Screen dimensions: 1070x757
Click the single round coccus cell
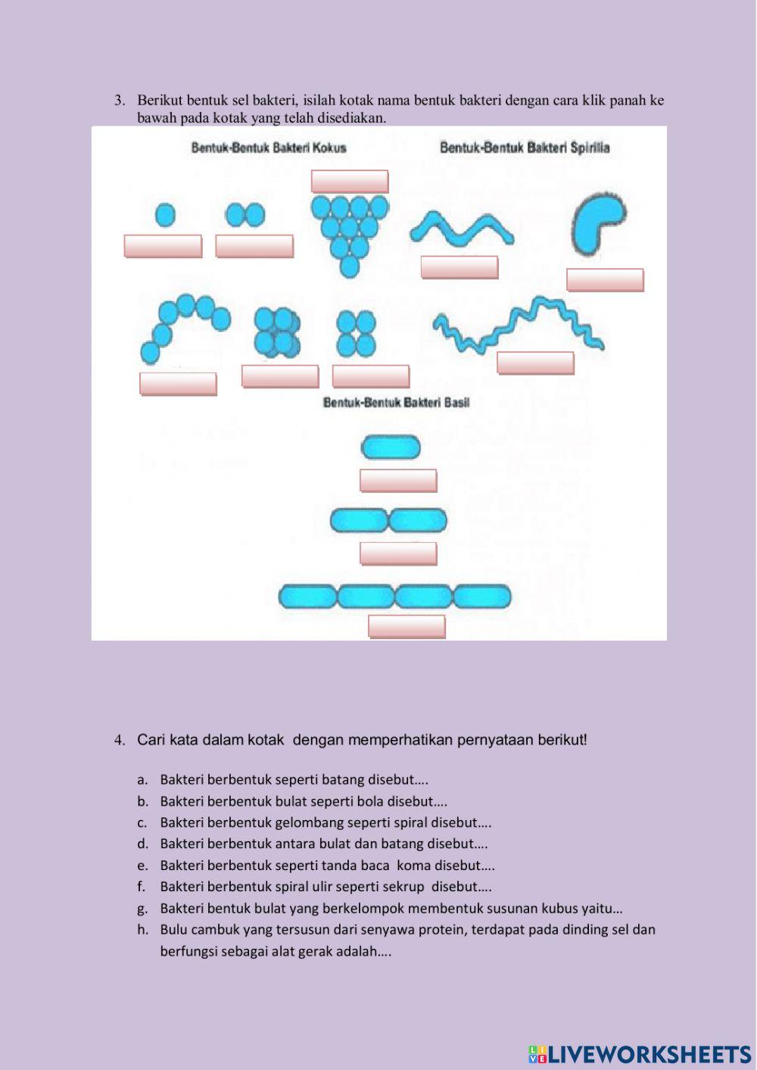(166, 216)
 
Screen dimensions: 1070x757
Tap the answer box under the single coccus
(163, 246)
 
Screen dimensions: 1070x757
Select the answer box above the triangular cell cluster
(350, 182)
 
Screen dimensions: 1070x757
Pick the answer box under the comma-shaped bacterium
(605, 280)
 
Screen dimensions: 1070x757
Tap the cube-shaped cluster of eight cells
(276, 332)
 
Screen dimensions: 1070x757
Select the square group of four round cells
(356, 333)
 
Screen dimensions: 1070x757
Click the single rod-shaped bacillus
(391, 448)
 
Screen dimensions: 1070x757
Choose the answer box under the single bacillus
(398, 481)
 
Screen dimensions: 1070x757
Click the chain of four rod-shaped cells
(394, 597)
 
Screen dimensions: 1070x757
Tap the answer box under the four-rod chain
(407, 626)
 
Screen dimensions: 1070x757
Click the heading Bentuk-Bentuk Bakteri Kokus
(269, 148)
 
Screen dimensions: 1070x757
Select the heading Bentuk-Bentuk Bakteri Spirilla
(525, 148)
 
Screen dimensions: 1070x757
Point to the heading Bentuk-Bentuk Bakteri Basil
(396, 403)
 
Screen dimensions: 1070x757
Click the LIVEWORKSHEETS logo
(640, 1053)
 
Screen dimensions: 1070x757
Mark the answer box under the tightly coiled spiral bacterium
(535, 363)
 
